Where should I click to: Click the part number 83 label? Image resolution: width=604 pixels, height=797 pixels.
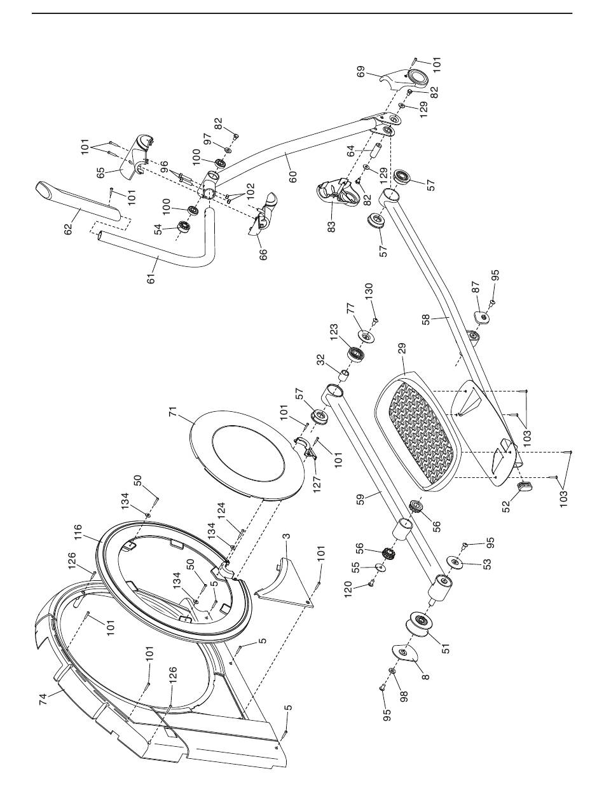pyautogui.click(x=332, y=227)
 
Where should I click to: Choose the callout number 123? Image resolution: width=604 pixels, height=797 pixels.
pyautogui.click(x=333, y=332)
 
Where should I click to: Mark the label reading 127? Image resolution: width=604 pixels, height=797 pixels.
pyautogui.click(x=317, y=483)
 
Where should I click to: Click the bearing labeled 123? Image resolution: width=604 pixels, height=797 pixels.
pyautogui.click(x=355, y=353)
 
